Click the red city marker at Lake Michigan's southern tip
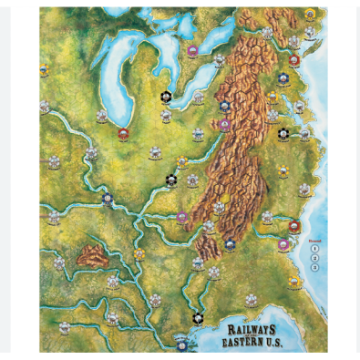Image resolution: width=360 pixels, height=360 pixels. coord(123,133)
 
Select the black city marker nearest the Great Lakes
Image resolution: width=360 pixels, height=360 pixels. coord(165,95)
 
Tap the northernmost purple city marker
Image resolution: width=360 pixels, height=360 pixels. coord(192,51)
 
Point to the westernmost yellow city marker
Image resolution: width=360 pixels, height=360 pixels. coord(44,69)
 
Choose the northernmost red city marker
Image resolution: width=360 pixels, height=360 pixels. coord(294,60)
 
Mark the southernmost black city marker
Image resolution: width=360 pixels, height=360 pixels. coord(198,318)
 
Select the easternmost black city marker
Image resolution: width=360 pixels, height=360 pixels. coord(283,133)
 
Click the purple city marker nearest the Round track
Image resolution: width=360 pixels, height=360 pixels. coord(284,243)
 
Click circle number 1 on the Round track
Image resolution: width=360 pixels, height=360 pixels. coord(314,247)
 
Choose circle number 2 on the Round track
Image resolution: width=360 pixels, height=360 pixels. coord(314,257)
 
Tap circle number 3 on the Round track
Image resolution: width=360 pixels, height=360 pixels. coord(314,267)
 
